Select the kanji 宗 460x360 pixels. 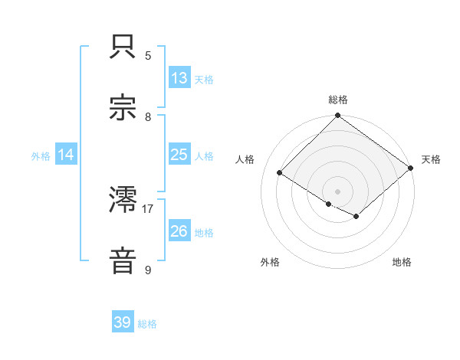click(x=123, y=108)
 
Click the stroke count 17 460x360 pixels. click(x=148, y=208)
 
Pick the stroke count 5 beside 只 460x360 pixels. click(x=148, y=56)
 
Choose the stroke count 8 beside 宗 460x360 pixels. click(x=148, y=116)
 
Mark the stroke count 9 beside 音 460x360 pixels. click(x=148, y=270)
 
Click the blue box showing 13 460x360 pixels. click(x=179, y=78)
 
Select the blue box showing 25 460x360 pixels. click(x=179, y=155)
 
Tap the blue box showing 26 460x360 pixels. click(x=179, y=231)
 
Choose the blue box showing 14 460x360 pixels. click(x=66, y=155)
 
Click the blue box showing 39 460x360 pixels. click(x=123, y=323)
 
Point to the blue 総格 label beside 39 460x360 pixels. click(x=147, y=324)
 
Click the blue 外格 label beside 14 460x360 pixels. click(x=41, y=155)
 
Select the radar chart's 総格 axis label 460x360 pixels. click(x=338, y=100)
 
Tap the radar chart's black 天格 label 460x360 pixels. click(x=431, y=159)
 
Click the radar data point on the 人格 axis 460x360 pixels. click(x=280, y=173)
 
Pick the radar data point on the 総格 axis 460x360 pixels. click(x=338, y=116)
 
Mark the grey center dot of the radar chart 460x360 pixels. click(x=338, y=191)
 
